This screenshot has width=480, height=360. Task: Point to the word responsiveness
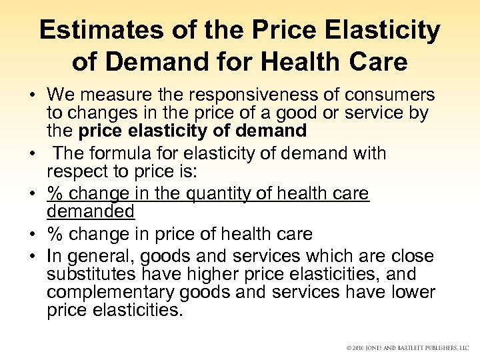coord(236,95)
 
